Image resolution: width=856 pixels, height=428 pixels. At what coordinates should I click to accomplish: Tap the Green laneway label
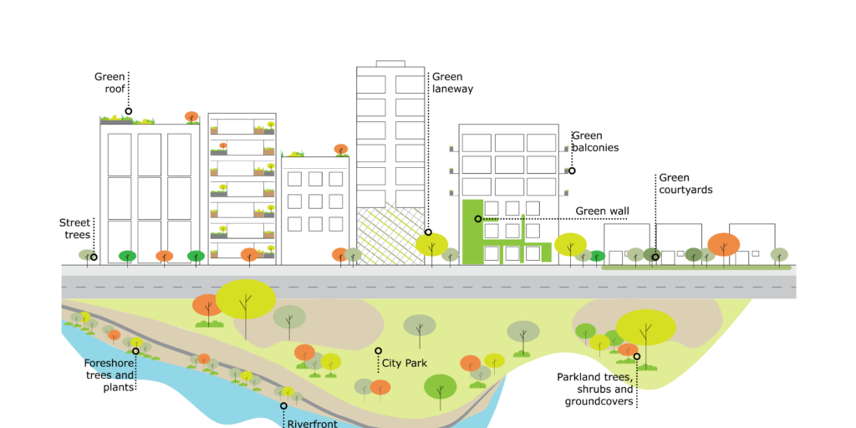coord(452,83)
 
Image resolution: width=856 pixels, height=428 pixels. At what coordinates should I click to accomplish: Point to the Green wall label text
coord(602,211)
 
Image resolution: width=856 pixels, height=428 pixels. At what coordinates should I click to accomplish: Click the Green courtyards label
coord(685,183)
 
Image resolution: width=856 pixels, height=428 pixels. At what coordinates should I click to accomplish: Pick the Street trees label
coord(74,228)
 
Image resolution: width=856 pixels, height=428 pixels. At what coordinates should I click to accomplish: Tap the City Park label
coord(405,364)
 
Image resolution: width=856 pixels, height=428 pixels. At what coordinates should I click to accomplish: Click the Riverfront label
coord(311,423)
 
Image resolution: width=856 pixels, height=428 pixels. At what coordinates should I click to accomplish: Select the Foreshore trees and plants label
coord(109,374)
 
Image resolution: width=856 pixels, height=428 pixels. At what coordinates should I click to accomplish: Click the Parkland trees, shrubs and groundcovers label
coord(595,389)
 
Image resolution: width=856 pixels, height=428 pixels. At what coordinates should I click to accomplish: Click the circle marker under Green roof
coord(129,111)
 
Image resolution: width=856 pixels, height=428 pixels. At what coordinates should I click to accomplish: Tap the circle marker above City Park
coord(378,351)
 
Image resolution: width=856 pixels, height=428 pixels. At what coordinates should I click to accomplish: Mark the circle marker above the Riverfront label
coord(283,405)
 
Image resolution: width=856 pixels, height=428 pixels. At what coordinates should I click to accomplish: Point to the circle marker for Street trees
coord(94,257)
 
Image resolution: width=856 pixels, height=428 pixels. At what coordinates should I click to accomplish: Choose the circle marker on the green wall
coord(478,219)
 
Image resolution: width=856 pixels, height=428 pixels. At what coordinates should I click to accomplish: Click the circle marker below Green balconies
coord(572,171)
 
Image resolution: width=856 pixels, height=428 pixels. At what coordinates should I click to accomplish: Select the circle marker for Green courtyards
coord(655,257)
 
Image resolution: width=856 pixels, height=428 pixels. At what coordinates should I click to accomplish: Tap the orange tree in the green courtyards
coord(723,245)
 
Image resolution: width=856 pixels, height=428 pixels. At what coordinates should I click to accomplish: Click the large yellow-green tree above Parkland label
coord(646,327)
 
